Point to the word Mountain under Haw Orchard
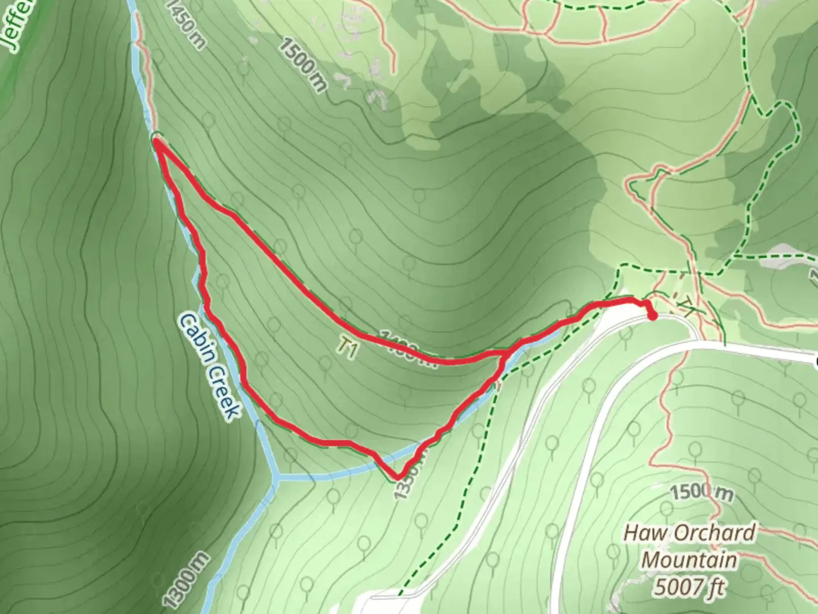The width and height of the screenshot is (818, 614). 689,560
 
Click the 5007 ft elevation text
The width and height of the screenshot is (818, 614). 689,586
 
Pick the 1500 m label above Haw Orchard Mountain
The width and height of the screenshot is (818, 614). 701,492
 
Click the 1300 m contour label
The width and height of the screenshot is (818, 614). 186,579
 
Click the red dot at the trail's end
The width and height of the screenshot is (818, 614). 652,316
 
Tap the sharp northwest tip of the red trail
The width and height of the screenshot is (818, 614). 156,138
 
